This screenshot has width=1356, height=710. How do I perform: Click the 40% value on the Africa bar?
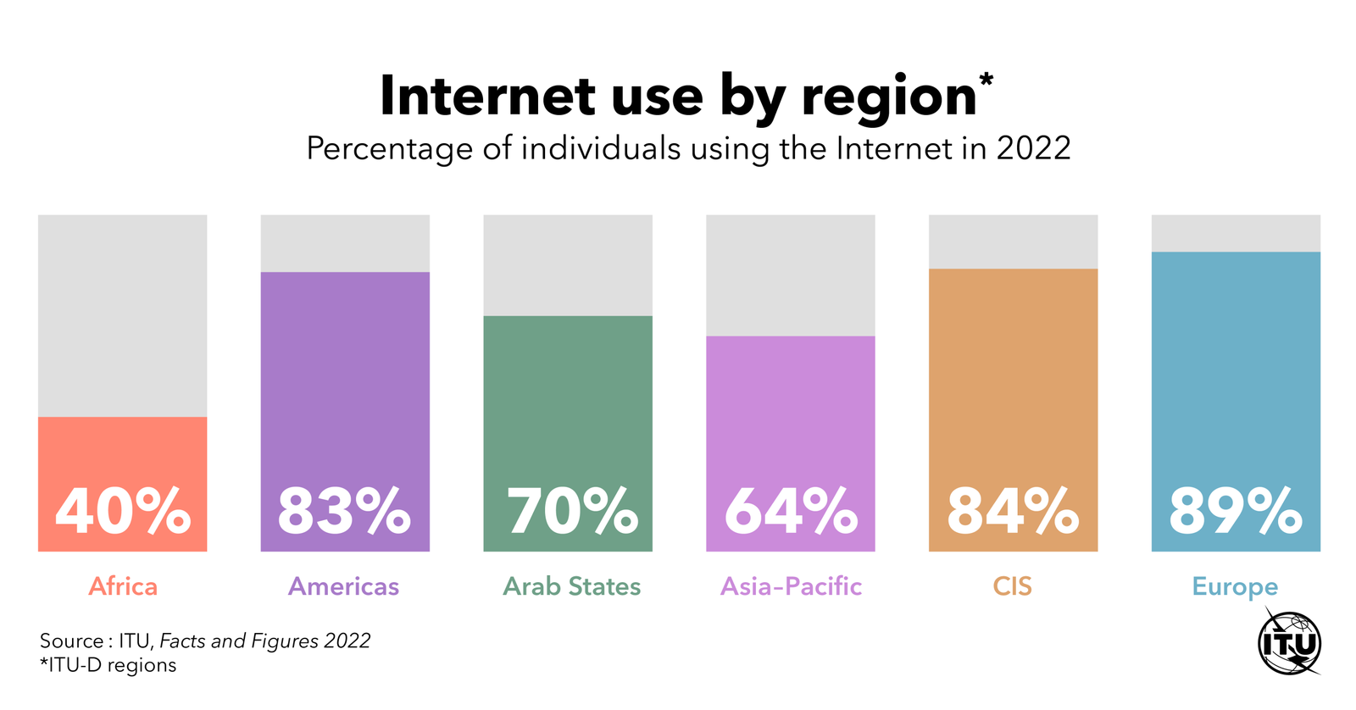point(123,511)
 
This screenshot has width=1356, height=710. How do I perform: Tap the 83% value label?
point(344,511)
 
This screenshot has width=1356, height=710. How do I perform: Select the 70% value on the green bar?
point(572,511)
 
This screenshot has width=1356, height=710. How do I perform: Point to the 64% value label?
point(790,511)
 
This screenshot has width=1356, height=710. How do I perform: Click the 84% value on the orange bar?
point(1013,511)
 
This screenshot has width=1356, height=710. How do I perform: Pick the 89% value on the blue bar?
point(1235,511)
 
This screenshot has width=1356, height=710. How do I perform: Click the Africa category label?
point(123,586)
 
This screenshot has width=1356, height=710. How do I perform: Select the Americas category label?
point(343,586)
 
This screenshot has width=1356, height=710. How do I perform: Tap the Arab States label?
point(571,586)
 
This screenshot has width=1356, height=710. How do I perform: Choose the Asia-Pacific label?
point(791,586)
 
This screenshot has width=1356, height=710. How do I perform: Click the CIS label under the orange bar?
point(1012,586)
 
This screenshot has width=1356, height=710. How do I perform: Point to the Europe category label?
point(1235,587)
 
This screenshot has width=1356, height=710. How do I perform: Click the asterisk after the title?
point(986,81)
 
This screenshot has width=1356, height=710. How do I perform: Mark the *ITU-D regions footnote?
point(108,665)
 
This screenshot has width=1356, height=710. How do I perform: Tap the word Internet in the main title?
point(487,96)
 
